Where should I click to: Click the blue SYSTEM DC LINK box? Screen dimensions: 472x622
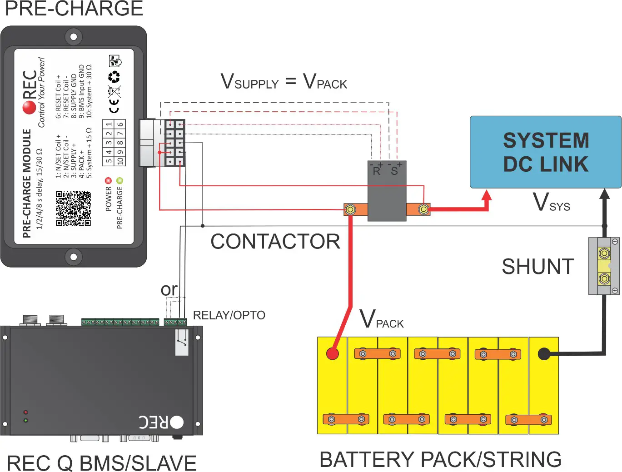pyautogui.click(x=545, y=152)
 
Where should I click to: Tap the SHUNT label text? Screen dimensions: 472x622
pyautogui.click(x=537, y=267)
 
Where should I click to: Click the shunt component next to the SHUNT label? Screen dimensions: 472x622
pyautogui.click(x=604, y=266)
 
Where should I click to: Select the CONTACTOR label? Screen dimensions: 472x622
pyautogui.click(x=275, y=242)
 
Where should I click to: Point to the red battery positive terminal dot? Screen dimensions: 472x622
pyautogui.click(x=333, y=353)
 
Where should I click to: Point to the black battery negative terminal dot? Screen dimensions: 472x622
pyautogui.click(x=544, y=354)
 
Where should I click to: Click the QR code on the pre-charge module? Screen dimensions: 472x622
pyautogui.click(x=73, y=209)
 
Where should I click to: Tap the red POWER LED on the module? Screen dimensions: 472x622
pyautogui.click(x=108, y=180)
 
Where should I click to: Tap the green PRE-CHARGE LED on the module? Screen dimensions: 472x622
pyautogui.click(x=119, y=180)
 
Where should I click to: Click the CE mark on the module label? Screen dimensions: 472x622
pyautogui.click(x=114, y=106)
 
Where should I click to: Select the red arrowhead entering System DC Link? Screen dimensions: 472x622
pyautogui.click(x=487, y=195)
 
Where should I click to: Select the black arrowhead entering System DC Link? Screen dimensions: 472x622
pyautogui.click(x=604, y=194)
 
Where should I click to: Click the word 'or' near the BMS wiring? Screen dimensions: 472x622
pyautogui.click(x=169, y=289)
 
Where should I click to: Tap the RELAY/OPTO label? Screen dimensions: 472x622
pyautogui.click(x=229, y=315)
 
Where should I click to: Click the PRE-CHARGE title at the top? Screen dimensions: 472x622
pyautogui.click(x=74, y=9)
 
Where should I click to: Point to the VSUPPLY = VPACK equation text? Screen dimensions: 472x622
pyautogui.click(x=284, y=82)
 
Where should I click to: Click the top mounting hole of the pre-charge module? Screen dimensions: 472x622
pyautogui.click(x=73, y=36)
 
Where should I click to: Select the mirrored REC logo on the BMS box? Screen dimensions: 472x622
pyautogui.click(x=161, y=422)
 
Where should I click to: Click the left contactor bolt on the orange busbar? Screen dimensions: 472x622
pyautogui.click(x=350, y=209)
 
